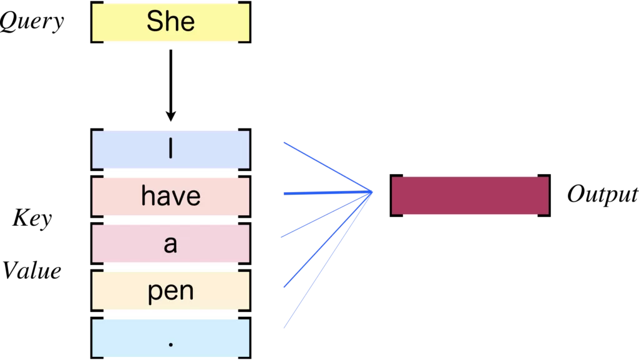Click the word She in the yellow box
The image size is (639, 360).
tap(170, 22)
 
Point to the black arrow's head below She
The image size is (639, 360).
tap(170, 115)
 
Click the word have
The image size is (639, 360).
tap(170, 197)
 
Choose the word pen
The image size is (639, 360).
tap(170, 291)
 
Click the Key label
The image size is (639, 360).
tap(32, 219)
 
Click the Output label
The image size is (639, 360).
tap(602, 195)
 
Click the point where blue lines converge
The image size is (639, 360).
tap(372, 192)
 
